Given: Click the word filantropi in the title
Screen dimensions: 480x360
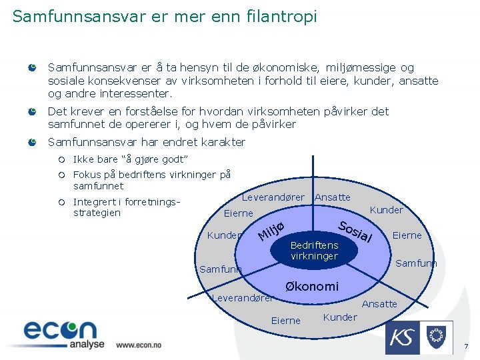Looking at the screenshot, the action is point(281,16).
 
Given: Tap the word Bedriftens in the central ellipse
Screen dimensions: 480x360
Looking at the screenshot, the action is point(315,245).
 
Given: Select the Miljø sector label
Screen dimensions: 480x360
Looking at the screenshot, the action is point(272,230).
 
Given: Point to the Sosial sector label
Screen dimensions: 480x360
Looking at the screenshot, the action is point(354,230).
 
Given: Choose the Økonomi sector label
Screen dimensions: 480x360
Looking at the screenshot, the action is point(312,287).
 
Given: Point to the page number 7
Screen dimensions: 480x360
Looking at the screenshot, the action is point(466,347).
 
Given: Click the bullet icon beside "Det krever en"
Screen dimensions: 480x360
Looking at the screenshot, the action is point(32,112).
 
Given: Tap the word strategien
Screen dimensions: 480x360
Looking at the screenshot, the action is point(97,213).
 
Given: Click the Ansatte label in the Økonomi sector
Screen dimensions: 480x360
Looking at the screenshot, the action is point(379,304).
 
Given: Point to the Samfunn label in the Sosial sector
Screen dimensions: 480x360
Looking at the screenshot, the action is point(416,263).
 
